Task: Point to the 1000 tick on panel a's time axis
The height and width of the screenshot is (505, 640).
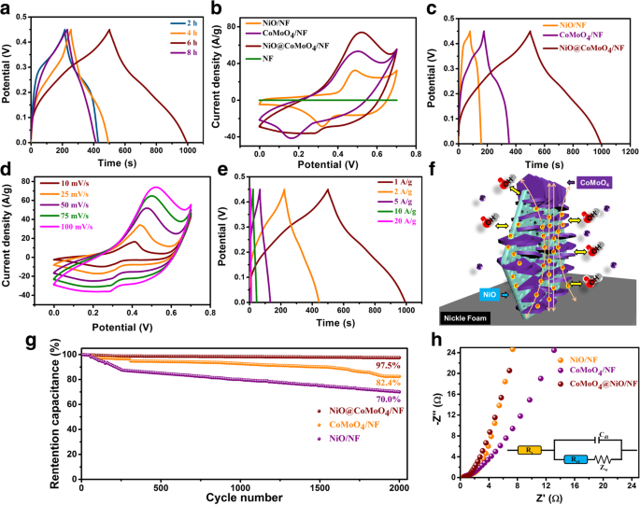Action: pos(187,150)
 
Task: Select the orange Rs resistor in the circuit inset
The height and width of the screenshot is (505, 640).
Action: pos(528,450)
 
